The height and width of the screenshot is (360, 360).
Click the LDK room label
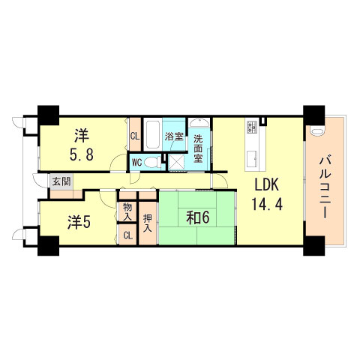267,185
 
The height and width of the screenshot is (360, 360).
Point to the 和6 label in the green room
197,217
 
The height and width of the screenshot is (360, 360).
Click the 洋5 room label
79,223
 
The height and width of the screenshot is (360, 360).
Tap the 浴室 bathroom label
174,137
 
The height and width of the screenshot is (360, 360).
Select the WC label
138,162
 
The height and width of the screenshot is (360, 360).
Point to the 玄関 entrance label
61,181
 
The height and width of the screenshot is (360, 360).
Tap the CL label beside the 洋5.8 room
134,136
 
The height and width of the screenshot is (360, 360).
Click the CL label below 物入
127,235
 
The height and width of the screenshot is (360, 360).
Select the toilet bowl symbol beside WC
152,161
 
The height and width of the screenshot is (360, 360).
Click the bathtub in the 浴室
152,136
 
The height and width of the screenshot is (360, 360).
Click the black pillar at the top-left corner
49,114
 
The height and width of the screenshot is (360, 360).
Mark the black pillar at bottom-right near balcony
313,245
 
